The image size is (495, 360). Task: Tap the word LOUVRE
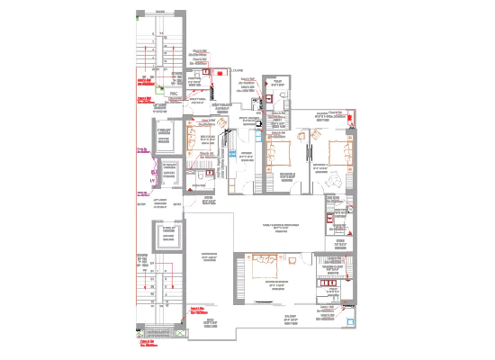(x=238, y=70)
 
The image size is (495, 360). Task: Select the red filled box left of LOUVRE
(x=205, y=68)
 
